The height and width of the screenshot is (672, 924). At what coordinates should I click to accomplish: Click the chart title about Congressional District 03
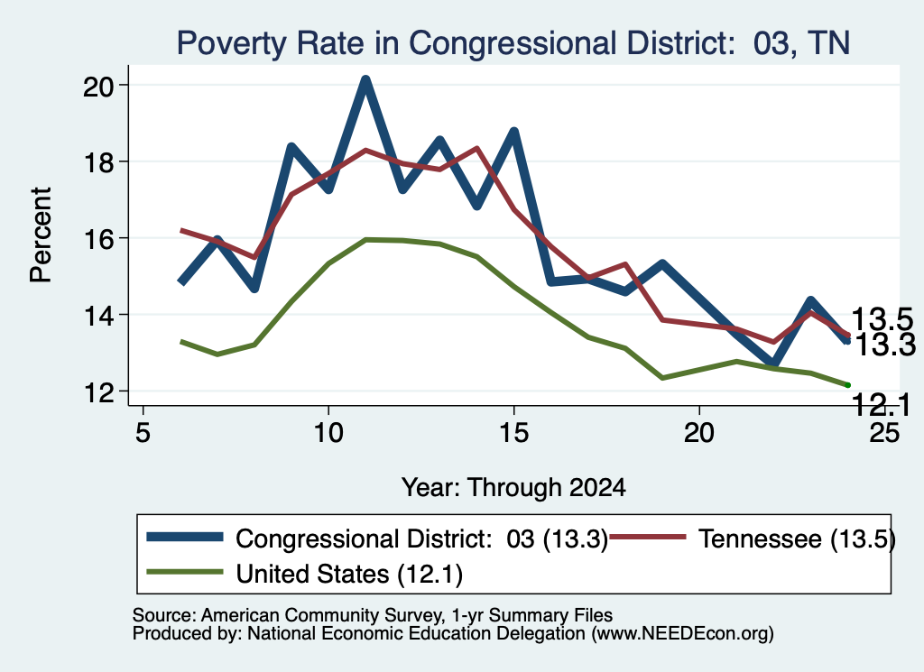coord(513,43)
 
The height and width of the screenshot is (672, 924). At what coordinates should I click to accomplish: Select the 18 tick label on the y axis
coord(98,162)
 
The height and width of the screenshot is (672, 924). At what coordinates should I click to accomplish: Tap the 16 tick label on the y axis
coord(98,239)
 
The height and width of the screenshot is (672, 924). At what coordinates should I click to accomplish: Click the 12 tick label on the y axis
coord(98,392)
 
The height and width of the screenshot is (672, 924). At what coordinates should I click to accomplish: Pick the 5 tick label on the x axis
coord(143,433)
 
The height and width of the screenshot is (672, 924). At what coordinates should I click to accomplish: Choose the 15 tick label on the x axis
coord(513,433)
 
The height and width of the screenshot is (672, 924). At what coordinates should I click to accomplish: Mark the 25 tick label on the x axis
coord(884,433)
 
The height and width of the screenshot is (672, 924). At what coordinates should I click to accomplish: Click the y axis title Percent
coord(41,235)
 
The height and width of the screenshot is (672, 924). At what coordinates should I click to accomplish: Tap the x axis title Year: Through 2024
coord(513,488)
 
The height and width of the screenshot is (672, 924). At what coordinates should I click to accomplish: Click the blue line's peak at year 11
coord(365,80)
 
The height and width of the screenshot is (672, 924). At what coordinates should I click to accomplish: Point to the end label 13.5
coord(882,320)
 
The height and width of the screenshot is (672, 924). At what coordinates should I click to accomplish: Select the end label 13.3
coord(884,345)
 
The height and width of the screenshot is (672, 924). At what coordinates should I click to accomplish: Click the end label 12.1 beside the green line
coord(881,405)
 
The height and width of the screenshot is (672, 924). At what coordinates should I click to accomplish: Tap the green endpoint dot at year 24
coord(847,385)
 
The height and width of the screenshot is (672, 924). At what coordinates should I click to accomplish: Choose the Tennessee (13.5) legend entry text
coord(797,539)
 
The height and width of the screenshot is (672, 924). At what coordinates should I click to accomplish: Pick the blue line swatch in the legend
coord(185,537)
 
